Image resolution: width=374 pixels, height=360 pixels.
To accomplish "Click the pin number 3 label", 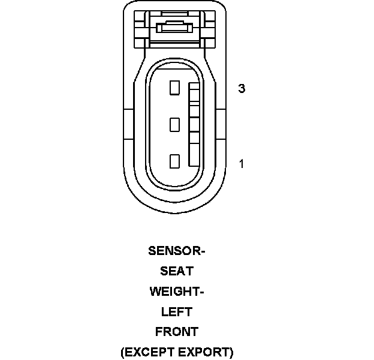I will [x=242, y=89].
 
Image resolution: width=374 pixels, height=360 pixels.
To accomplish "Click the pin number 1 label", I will [x=242, y=163].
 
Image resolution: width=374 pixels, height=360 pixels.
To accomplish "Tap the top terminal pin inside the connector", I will [x=175, y=88].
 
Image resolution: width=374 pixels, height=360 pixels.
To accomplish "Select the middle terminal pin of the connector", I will [x=175, y=125].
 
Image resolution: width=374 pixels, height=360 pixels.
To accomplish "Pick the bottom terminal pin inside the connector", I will [x=175, y=161].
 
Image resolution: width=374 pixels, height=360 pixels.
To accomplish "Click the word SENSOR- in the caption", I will [x=176, y=251].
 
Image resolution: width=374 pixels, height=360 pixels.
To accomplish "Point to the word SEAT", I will [x=176, y=271].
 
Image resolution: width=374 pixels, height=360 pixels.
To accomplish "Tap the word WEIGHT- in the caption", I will [x=176, y=292].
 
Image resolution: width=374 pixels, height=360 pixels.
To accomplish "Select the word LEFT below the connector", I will [x=176, y=312].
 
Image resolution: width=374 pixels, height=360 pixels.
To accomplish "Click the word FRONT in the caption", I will [x=176, y=332].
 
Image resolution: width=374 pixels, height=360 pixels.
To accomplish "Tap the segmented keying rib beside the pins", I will [x=194, y=125].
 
